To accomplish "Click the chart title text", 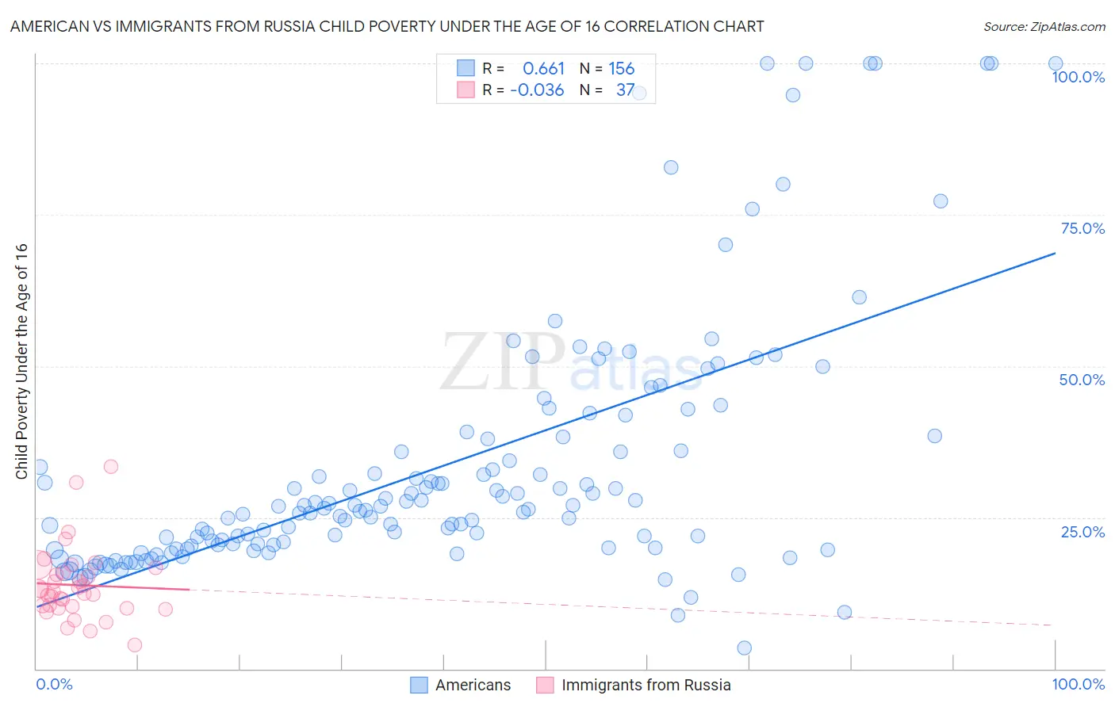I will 387,27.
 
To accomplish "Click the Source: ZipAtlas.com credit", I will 1044,27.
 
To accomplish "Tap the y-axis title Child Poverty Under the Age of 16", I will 21,361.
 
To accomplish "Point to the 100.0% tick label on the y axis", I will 1078,77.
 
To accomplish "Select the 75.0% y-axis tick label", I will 1082,228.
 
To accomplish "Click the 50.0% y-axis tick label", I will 1082,380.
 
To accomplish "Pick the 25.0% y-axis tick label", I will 1082,532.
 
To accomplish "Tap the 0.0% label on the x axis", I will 54,684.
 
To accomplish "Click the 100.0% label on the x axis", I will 1078,684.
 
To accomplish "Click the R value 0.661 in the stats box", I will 543,69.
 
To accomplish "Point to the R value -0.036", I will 537,90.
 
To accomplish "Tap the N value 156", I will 621,69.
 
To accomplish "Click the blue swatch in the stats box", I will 466,69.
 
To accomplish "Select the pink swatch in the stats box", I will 466,90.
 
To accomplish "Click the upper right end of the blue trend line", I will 1055,254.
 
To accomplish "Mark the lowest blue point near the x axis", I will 744,648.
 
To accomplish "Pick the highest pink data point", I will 111,467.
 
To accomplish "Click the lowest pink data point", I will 135,645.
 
